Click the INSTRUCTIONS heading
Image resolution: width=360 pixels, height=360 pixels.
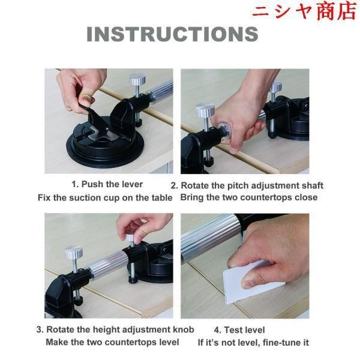click(x=172, y=34)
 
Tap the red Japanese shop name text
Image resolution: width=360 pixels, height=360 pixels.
click(x=305, y=11)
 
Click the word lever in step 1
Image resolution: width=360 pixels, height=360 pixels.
click(x=131, y=184)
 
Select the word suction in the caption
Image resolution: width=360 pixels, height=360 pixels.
click(x=85, y=198)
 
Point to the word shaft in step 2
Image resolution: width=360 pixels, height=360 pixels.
click(x=313, y=185)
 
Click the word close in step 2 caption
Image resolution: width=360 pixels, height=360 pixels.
click(x=306, y=197)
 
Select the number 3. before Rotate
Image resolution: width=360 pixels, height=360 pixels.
click(x=40, y=329)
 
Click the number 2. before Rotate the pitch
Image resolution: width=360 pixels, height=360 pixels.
click(x=174, y=186)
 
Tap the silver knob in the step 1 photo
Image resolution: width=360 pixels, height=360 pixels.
click(x=137, y=79)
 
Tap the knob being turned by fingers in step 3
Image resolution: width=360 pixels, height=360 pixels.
click(x=130, y=238)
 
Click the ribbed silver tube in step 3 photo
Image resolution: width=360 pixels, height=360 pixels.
click(x=107, y=263)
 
